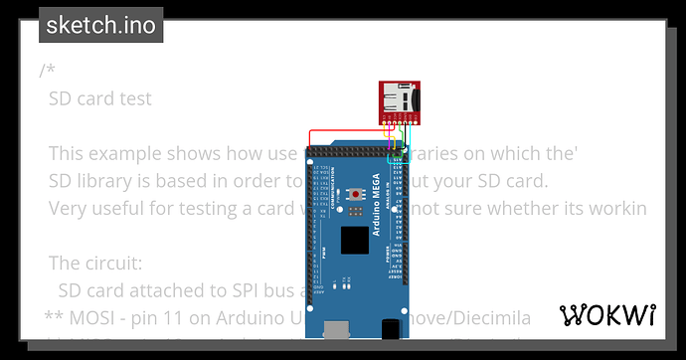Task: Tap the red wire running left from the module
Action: point(338,129)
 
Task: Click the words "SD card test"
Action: point(100,98)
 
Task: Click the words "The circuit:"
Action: point(95,264)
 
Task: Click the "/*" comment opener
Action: point(47,71)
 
